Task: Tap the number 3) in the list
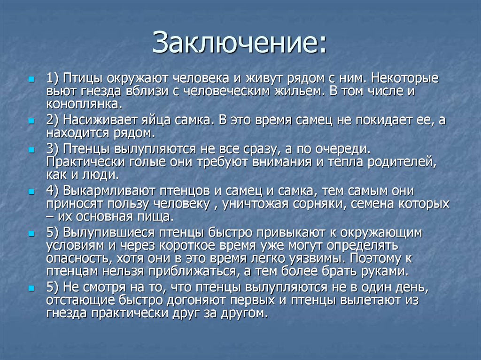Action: (54, 149)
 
